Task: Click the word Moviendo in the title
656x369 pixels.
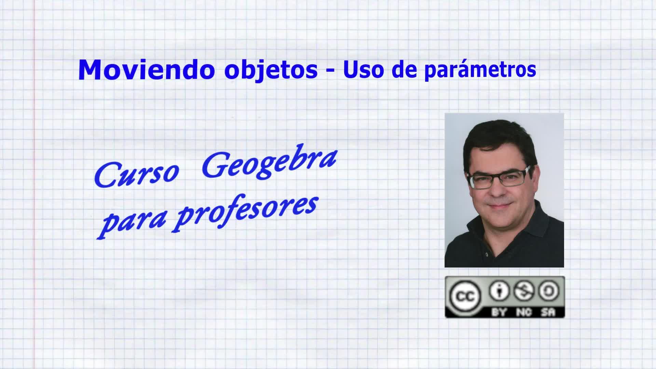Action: pos(147,70)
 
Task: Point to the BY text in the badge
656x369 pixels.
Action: pos(499,312)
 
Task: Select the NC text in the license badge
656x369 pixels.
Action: pos(524,312)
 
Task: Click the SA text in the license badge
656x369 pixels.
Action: pos(548,312)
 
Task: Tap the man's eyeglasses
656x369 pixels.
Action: pos(499,178)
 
